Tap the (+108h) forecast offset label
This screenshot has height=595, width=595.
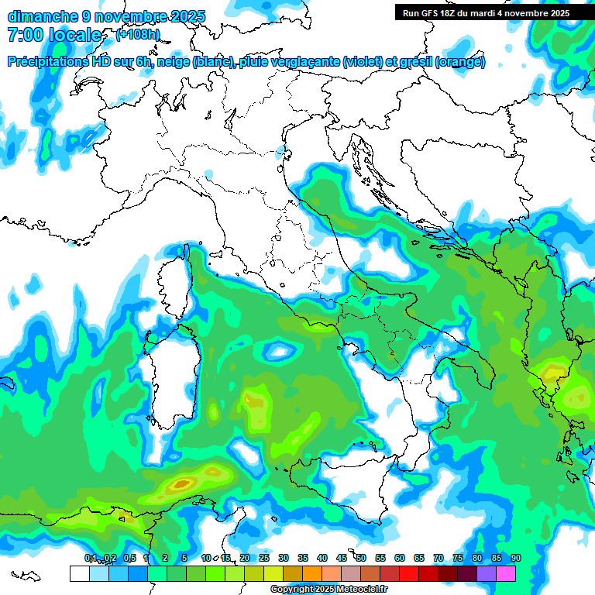coord(138,35)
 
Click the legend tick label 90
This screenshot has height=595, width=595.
coord(515,559)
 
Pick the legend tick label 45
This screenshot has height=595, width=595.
coord(342,559)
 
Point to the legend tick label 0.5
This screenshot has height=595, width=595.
coord(129,559)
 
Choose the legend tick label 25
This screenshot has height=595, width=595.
coord(264,559)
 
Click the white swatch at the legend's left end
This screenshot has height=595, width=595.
coord(79,573)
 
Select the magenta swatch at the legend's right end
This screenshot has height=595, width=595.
coord(506,573)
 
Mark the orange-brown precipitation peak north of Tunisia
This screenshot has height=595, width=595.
coord(181,484)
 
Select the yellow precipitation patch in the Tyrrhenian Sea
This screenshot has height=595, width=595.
coord(256,403)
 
